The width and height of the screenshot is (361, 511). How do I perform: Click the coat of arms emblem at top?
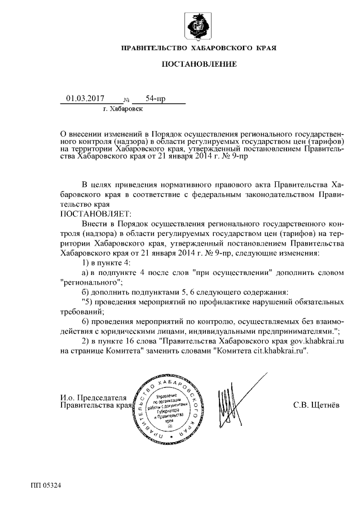click(x=199, y=26)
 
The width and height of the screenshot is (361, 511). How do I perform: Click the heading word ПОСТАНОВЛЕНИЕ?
click(x=199, y=65)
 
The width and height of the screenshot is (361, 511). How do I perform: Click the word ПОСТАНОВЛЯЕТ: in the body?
click(x=95, y=213)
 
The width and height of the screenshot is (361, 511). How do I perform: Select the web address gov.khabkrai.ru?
click(x=318, y=341)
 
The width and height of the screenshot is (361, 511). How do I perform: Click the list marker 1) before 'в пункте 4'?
click(x=86, y=263)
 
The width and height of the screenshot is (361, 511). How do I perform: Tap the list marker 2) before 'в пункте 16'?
click(x=86, y=341)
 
